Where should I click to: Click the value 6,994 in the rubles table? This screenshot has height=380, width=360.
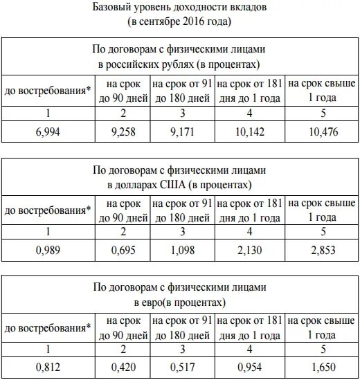(x=48, y=132)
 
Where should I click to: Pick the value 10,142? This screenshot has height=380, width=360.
(x=250, y=132)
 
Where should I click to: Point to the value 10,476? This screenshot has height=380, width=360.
(x=323, y=132)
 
